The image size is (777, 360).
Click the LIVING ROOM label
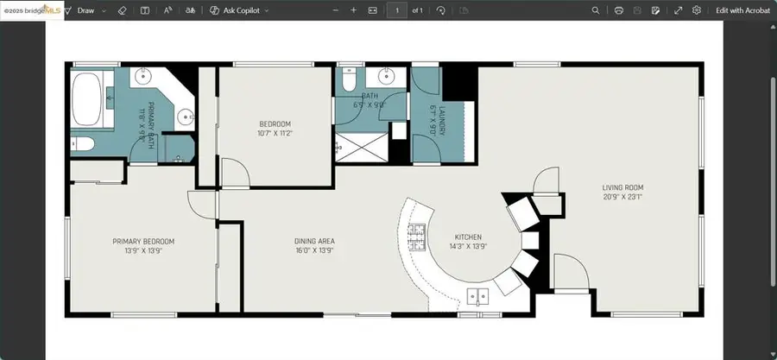coord(622,187)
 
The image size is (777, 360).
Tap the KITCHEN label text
coord(468,237)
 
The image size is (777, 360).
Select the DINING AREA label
coord(314,241)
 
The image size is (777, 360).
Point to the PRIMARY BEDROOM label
coord(143,241)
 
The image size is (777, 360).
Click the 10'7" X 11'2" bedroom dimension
coord(275,133)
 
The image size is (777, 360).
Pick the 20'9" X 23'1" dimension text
coord(622,197)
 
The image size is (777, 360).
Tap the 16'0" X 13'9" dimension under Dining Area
coord(314,250)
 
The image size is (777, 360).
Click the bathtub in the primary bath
coord(86,100)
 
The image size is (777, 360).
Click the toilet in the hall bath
coord(348,80)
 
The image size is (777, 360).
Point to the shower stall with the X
coord(361,147)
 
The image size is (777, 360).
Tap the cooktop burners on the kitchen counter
coord(417,234)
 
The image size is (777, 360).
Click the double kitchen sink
coord(477,297)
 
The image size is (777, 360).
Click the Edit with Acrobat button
coord(742,10)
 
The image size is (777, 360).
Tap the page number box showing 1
coord(397,10)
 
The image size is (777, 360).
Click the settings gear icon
coord(697,10)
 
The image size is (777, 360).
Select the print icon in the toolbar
coord(619,10)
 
